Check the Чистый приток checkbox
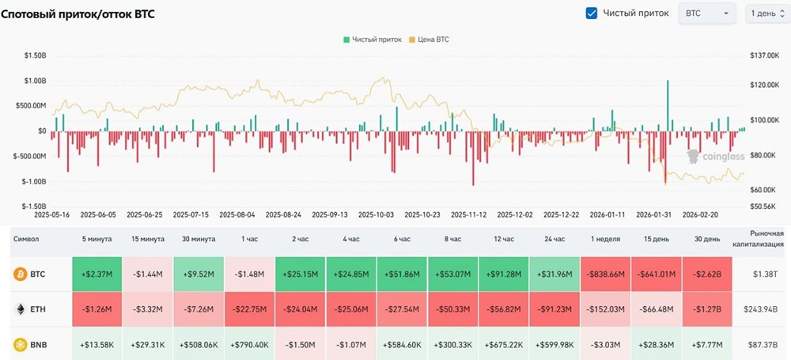(592, 13)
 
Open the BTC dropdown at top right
(706, 13)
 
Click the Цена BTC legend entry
(429, 39)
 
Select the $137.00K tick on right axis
(763, 55)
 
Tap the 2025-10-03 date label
(376, 214)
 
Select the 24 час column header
(554, 238)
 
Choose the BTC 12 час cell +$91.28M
(504, 275)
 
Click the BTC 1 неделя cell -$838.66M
(606, 275)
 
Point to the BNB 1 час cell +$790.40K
(249, 345)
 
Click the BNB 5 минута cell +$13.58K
(96, 345)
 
